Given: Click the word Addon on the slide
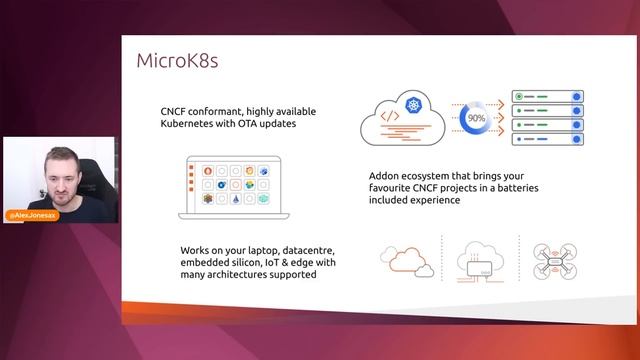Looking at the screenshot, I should (385, 172).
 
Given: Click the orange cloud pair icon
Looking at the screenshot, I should (407, 260).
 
